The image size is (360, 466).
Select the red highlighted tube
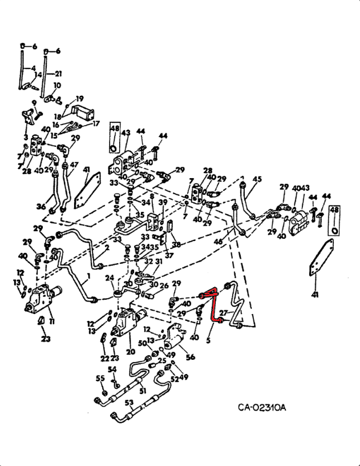point(212,306)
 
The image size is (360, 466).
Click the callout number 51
point(142,391)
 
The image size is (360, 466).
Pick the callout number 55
point(100,378)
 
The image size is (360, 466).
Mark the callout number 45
point(257,179)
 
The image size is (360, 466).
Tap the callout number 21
point(58,74)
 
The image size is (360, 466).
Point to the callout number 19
point(79,98)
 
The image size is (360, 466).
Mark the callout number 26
point(164,286)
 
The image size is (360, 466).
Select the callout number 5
point(208,342)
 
